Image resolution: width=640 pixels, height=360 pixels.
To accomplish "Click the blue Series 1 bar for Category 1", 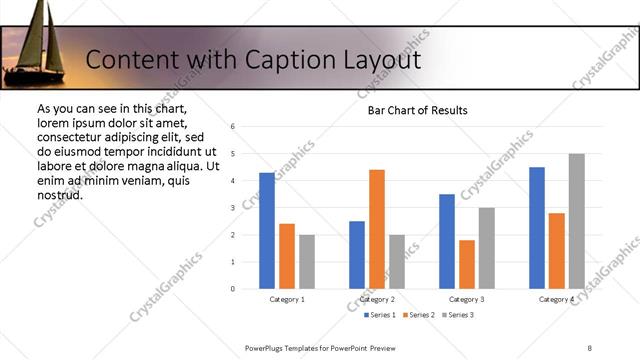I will [x=267, y=231].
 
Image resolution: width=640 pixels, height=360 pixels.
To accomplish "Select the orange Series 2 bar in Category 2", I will [x=377, y=229].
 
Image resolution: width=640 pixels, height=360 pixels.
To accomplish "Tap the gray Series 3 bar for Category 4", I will [x=577, y=221].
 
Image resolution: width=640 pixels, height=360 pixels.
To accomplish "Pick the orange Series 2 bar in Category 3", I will [x=467, y=264].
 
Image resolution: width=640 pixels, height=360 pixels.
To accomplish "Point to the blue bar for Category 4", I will [x=537, y=228].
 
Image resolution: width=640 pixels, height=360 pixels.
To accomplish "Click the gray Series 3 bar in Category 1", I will [x=307, y=262].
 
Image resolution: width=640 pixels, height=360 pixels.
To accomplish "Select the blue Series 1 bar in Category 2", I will [x=357, y=255].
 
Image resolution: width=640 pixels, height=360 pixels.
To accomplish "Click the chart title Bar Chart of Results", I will [x=411, y=110].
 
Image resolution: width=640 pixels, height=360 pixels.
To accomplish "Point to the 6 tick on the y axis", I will [x=232, y=127].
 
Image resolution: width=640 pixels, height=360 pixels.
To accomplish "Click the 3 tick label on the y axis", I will [x=232, y=208].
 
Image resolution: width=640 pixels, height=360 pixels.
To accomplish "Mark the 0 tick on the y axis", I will [x=232, y=289].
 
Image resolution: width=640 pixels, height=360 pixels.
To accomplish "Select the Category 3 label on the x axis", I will [x=467, y=299].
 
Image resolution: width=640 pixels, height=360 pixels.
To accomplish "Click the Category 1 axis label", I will [x=287, y=299].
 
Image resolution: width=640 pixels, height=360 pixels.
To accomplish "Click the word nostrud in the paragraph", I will [x=60, y=194].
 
